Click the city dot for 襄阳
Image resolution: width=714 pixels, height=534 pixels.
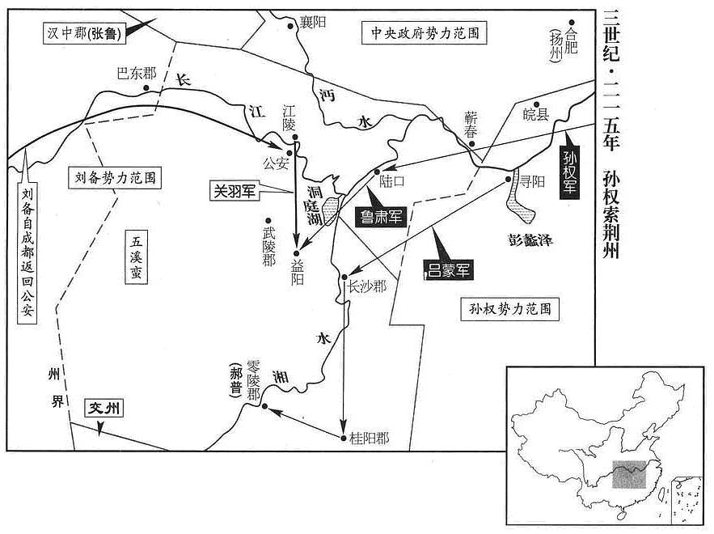tap(290, 27)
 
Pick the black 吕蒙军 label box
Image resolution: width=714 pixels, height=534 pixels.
tap(448, 269)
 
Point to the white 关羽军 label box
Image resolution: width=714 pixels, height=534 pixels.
tap(234, 192)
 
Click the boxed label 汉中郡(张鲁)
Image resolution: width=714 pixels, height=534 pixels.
tap(85, 34)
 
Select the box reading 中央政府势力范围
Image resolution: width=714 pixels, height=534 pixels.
tap(425, 33)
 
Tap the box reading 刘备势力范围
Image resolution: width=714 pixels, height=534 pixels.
tap(115, 177)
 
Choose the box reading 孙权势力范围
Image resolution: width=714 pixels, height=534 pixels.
tap(509, 309)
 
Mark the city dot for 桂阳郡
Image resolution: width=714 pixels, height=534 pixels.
tap(344, 439)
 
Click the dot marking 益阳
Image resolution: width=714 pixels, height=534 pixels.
tap(297, 253)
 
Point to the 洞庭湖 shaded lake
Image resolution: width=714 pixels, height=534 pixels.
tap(331, 210)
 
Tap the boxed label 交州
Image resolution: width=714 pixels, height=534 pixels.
tap(104, 409)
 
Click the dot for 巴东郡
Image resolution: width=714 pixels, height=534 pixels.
tap(146, 88)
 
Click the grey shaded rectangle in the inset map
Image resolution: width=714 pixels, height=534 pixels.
tap(629, 474)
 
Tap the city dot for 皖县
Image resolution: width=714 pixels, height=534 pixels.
tap(536, 104)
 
